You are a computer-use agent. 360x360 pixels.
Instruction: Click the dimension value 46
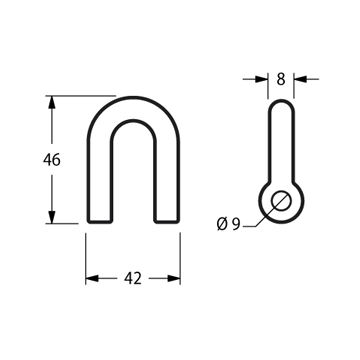pyautogui.click(x=52, y=160)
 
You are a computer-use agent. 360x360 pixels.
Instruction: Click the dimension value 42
pyautogui.click(x=133, y=278)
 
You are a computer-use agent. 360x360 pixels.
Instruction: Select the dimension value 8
pyautogui.click(x=281, y=79)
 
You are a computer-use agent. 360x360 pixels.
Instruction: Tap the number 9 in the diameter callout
pyautogui.click(x=236, y=224)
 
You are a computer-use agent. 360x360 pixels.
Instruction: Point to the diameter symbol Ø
pyautogui.click(x=222, y=224)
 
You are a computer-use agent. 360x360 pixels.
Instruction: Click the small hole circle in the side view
pyautogui.click(x=281, y=201)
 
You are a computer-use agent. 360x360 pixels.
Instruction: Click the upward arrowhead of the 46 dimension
pyautogui.click(x=51, y=102)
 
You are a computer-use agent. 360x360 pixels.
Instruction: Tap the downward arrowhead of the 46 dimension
pyautogui.click(x=51, y=217)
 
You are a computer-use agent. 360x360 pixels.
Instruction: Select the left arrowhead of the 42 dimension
pyautogui.click(x=92, y=278)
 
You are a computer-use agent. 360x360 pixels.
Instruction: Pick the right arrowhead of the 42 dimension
pyautogui.click(x=174, y=278)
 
